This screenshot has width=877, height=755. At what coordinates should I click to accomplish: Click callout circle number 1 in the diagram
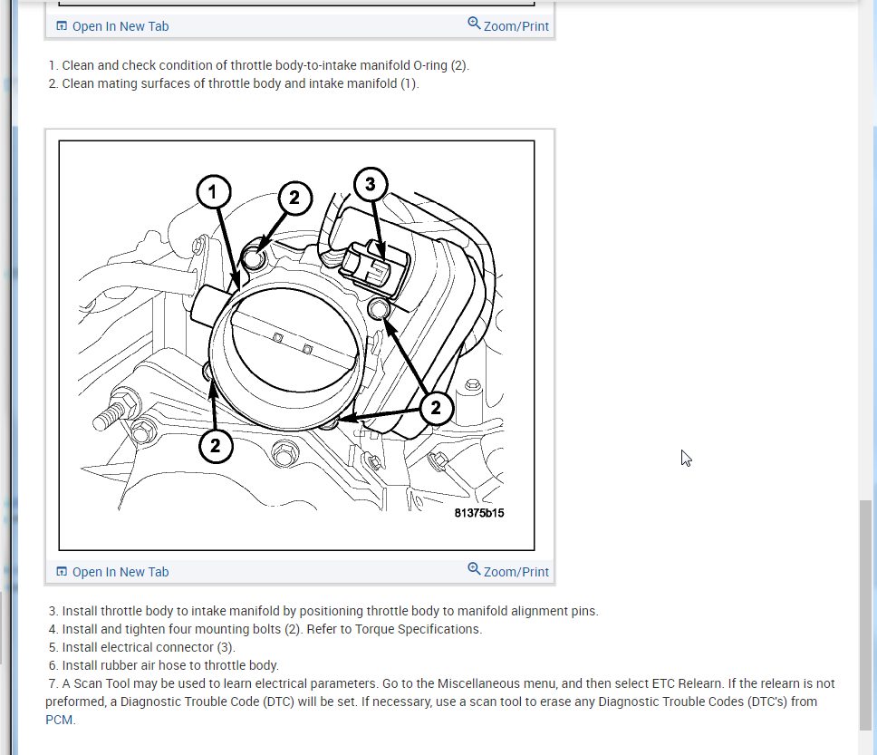[x=213, y=192]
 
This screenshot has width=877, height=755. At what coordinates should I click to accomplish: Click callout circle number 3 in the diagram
[x=371, y=184]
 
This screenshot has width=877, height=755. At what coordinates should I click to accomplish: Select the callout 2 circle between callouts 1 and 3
[x=294, y=198]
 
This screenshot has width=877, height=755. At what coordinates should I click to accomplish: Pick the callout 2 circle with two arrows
[x=436, y=408]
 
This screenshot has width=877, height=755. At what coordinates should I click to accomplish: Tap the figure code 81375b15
[x=478, y=513]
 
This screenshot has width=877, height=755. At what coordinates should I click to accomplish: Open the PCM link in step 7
[x=59, y=720]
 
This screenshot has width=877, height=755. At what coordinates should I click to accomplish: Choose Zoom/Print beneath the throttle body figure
[x=508, y=571]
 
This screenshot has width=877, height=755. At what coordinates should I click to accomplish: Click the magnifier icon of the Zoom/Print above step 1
[x=474, y=24]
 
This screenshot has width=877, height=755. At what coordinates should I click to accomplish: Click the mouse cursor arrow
[x=686, y=458]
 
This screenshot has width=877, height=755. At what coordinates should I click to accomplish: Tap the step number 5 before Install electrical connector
[x=53, y=647]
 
